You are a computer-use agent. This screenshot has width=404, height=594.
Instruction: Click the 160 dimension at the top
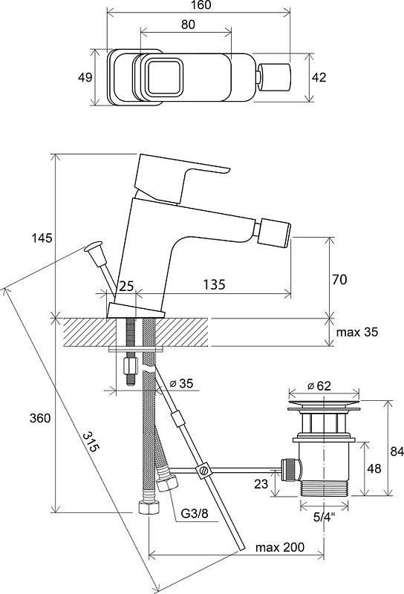tap(198, 5)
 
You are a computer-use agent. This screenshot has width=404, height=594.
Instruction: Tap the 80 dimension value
tap(188, 25)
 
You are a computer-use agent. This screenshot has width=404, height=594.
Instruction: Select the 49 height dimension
tap(85, 77)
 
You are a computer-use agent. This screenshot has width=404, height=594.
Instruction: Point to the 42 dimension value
tap(319, 77)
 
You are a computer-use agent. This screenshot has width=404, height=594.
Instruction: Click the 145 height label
tap(42, 238)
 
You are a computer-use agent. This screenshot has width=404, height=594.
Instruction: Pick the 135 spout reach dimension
tap(214, 284)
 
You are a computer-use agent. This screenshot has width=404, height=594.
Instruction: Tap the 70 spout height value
tap(339, 280)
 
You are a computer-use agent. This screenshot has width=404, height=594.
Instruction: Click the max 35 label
tap(357, 332)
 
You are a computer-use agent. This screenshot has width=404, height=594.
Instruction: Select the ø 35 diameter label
tap(181, 383)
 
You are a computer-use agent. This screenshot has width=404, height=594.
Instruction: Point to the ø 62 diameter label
tap(319, 386)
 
